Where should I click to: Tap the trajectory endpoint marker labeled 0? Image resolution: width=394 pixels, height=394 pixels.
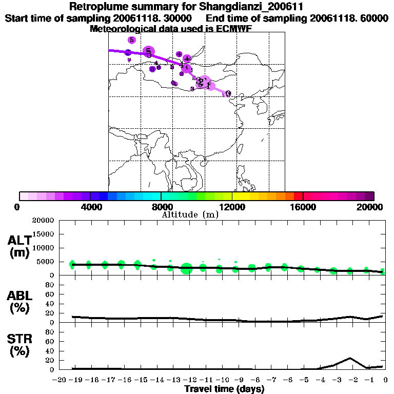(228, 94)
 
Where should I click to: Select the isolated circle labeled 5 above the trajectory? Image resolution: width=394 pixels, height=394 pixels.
(132, 40)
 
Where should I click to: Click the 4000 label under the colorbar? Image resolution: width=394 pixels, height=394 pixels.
(90, 207)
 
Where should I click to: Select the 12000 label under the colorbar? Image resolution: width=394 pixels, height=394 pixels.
(232, 207)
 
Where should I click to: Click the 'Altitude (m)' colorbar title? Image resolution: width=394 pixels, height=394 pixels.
(190, 215)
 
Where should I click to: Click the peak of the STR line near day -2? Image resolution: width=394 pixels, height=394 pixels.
(350, 358)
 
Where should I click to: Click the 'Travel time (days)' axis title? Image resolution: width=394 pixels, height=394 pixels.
(224, 389)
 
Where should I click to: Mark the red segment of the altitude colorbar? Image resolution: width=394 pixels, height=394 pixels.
(298, 196)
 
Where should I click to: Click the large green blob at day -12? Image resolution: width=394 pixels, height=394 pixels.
(187, 268)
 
